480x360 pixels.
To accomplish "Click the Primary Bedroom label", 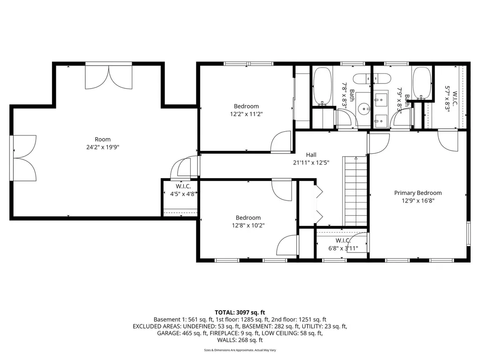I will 418,193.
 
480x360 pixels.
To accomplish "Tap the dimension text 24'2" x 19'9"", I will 103,147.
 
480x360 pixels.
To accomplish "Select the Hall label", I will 311,155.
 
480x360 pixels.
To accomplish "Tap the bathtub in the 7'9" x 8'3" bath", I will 422,84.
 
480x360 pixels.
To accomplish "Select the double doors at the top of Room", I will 109,77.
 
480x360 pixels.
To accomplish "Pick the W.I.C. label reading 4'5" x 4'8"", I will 180,192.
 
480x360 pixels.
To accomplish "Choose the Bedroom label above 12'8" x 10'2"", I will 248,217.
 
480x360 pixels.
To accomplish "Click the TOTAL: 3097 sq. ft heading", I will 240,312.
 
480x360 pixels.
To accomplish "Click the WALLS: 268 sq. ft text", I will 240,340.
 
